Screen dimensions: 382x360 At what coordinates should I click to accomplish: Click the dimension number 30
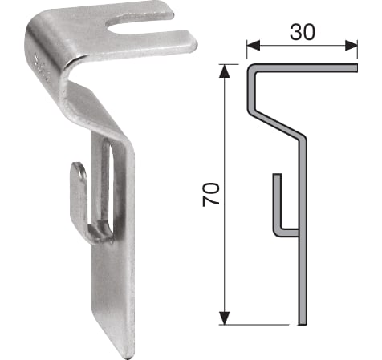coord(303,32)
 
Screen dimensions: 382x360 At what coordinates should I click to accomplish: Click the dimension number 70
coord(211,195)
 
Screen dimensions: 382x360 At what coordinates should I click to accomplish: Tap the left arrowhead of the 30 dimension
coord(254,46)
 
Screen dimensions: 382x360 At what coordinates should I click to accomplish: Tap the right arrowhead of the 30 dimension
coord(351,46)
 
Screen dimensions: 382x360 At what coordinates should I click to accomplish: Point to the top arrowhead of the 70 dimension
coord(225,71)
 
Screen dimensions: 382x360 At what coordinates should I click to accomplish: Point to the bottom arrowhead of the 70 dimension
coord(225,318)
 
